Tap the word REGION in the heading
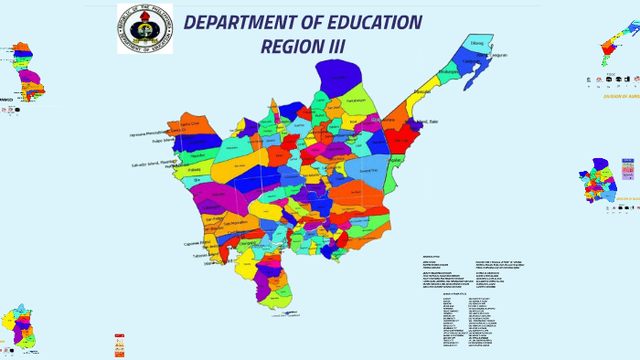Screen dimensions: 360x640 292,46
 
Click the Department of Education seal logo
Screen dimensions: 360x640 144,28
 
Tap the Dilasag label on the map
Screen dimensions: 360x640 476,43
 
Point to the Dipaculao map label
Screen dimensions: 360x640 421,92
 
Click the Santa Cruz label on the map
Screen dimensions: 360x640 190,123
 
